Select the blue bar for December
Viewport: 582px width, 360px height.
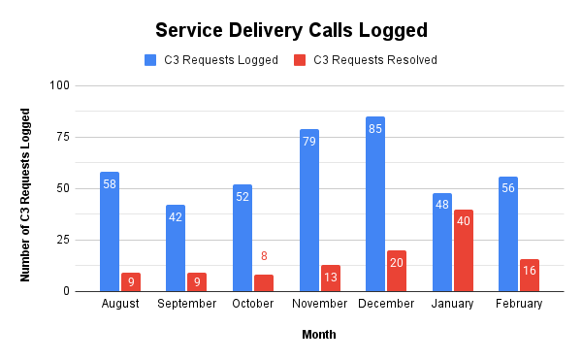pyautogui.click(x=375, y=204)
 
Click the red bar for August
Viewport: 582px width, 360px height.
pyautogui.click(x=131, y=281)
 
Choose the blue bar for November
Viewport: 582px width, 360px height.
pyautogui.click(x=309, y=210)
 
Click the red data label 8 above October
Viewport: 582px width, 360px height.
pyautogui.click(x=263, y=257)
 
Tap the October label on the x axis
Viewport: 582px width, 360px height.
pyautogui.click(x=253, y=304)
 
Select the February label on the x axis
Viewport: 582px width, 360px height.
pyautogui.click(x=519, y=304)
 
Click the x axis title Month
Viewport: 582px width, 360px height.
pyautogui.click(x=318, y=335)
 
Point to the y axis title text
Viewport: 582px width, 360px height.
pyautogui.click(x=26, y=194)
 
